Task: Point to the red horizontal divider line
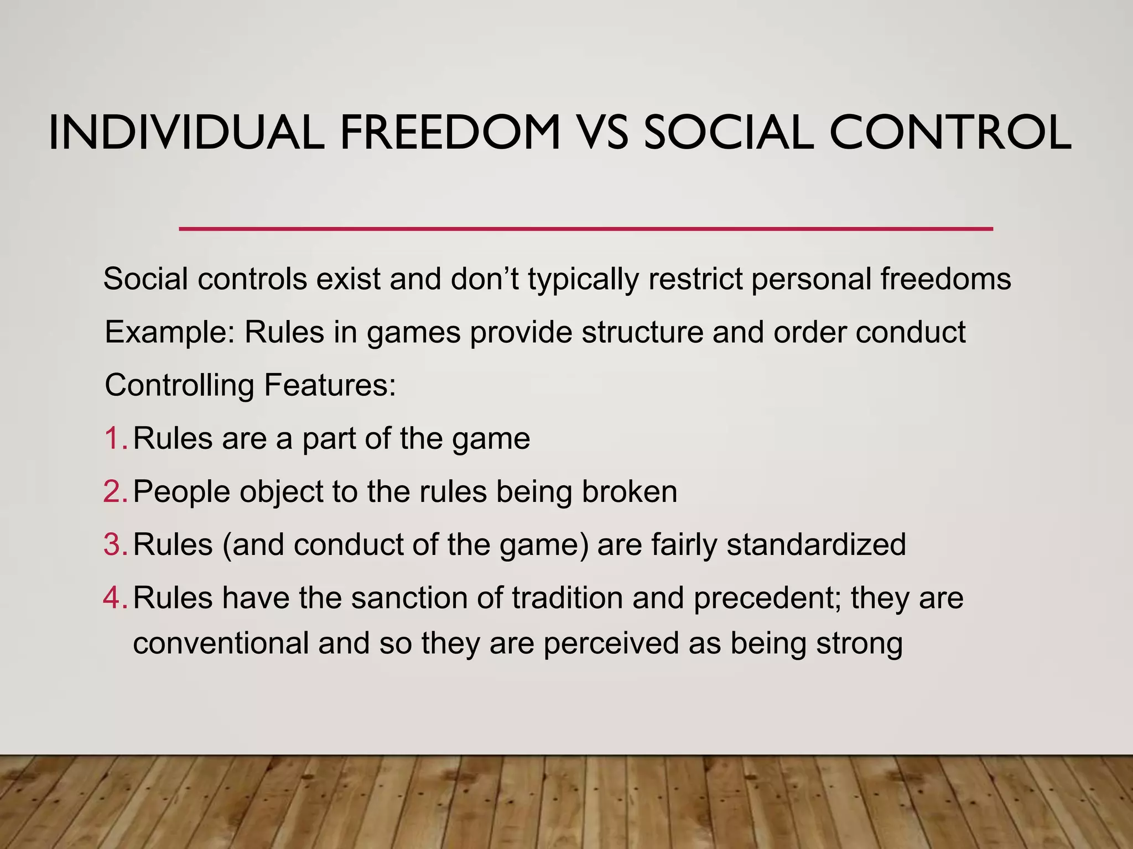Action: click(585, 228)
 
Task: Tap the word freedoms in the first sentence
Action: click(945, 279)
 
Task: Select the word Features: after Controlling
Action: click(330, 385)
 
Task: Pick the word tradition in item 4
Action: click(567, 598)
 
